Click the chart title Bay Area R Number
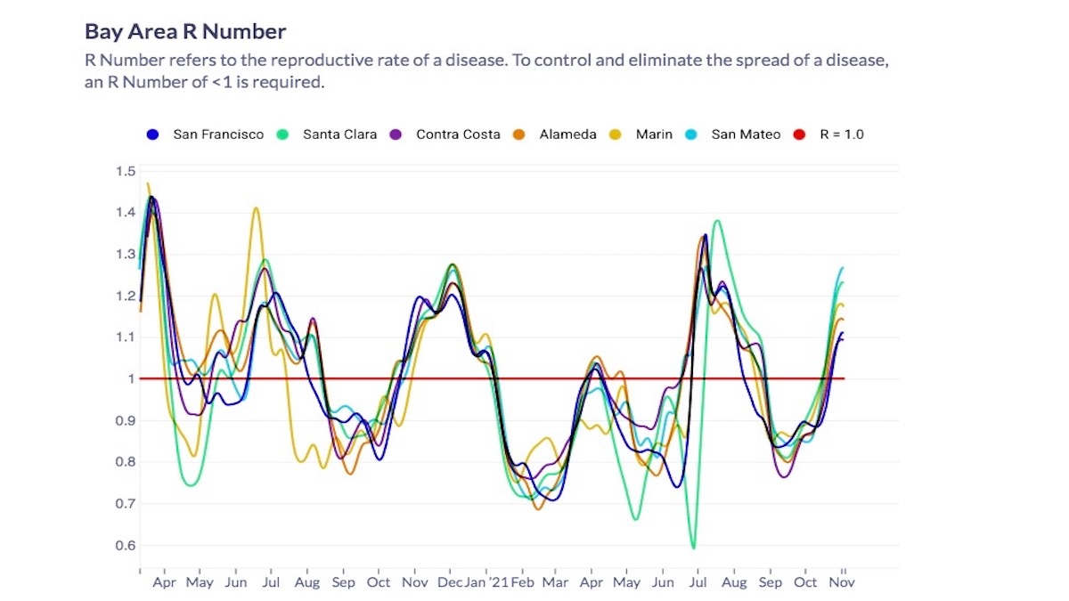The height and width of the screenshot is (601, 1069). (185, 32)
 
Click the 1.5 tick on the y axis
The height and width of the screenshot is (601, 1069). (125, 171)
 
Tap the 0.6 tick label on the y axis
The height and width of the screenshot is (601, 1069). (125, 546)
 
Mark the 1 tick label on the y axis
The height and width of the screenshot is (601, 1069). (131, 379)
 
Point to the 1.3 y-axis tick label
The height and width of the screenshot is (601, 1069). (125, 255)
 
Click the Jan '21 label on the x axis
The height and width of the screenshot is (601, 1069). (488, 583)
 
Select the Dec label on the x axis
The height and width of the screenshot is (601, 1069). (451, 583)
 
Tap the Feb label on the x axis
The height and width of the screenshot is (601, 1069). (523, 583)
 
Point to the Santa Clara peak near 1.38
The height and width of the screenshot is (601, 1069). (717, 221)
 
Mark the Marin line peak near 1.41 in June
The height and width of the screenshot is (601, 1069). (256, 208)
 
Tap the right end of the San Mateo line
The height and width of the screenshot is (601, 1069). (842, 267)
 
